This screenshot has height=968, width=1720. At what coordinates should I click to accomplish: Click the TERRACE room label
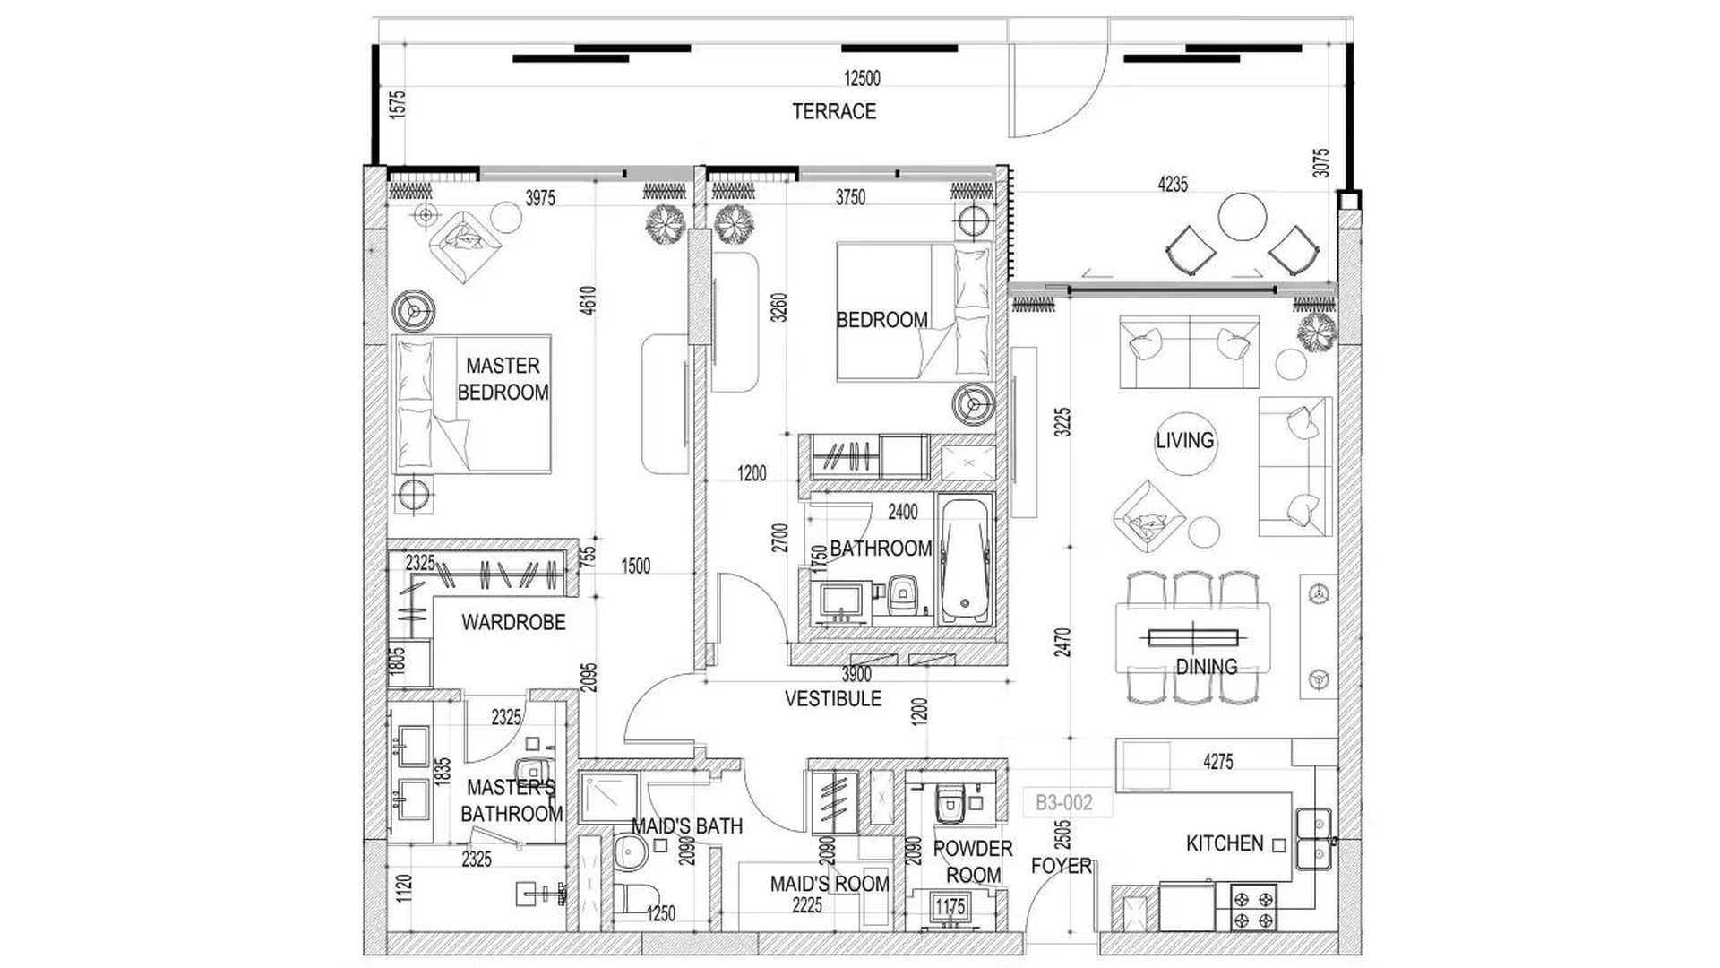click(x=834, y=111)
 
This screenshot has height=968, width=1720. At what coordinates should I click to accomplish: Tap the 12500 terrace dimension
click(x=862, y=79)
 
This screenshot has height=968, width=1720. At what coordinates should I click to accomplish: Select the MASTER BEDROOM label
click(x=503, y=378)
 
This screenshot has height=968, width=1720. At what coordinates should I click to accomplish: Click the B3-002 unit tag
click(x=1064, y=802)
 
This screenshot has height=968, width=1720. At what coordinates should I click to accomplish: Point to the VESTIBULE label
click(x=833, y=698)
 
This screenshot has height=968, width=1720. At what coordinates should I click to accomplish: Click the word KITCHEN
click(x=1224, y=843)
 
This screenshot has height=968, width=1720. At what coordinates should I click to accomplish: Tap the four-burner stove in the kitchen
click(x=1253, y=908)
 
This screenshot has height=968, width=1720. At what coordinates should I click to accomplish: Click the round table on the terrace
click(x=1242, y=217)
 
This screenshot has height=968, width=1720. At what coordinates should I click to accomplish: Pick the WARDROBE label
click(x=513, y=622)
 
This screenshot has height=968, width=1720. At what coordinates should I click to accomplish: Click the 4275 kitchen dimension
click(x=1218, y=762)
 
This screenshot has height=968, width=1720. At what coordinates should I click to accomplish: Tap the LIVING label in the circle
click(x=1184, y=440)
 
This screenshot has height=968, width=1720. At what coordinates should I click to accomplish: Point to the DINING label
click(x=1207, y=667)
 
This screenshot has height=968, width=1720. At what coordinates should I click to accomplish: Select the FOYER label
click(x=1062, y=866)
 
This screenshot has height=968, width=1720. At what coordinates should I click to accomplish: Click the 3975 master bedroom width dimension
click(x=540, y=198)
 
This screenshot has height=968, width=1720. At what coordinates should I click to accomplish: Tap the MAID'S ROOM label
click(x=830, y=884)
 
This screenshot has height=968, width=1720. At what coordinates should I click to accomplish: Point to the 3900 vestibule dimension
click(x=856, y=675)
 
